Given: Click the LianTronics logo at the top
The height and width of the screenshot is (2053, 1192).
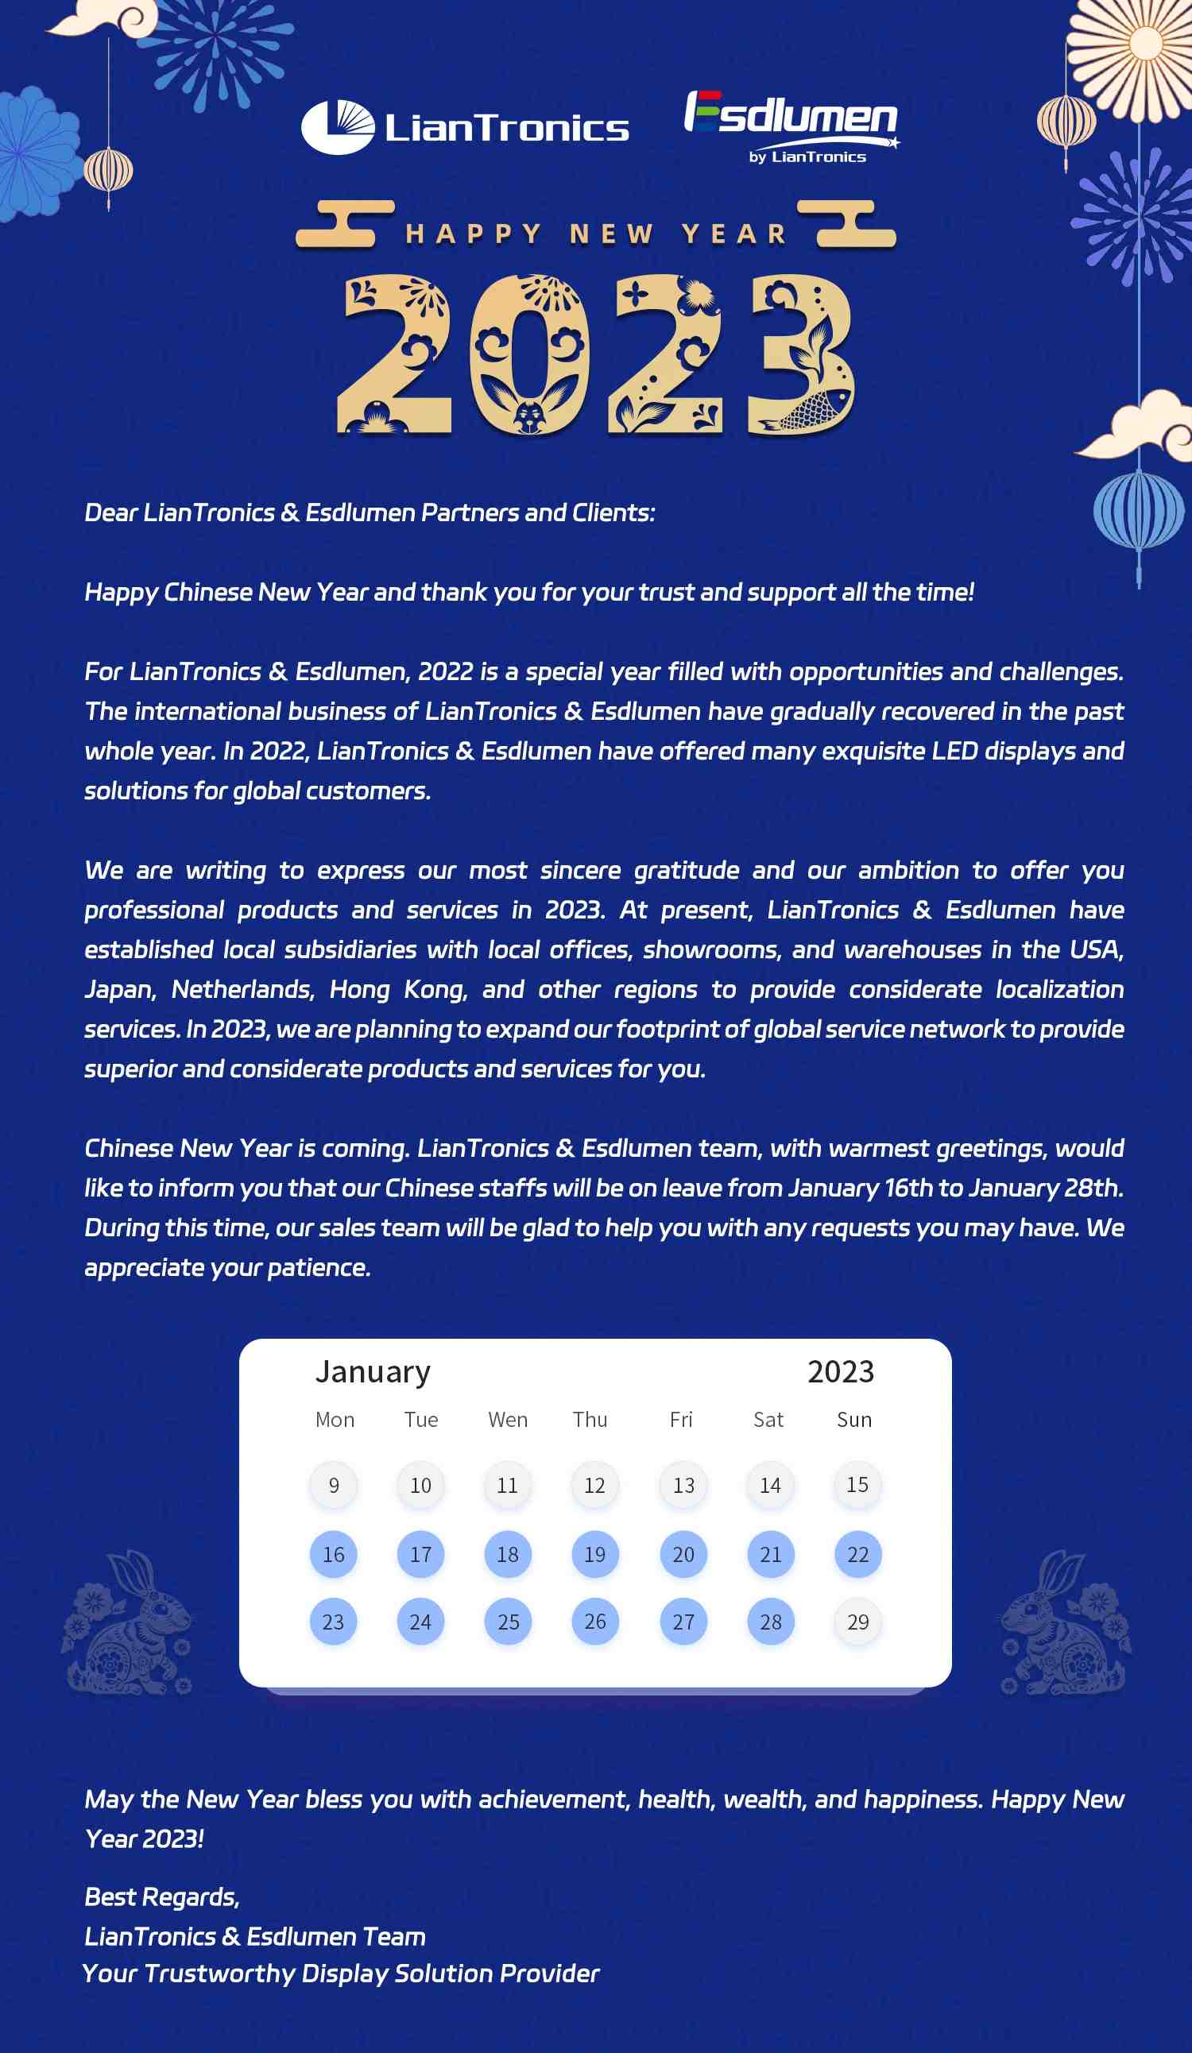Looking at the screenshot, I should click(464, 127).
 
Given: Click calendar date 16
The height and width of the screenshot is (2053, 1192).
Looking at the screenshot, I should click(333, 1554).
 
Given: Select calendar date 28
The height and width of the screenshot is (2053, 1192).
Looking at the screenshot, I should click(771, 1622).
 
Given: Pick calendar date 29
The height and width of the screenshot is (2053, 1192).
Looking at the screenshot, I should click(858, 1622).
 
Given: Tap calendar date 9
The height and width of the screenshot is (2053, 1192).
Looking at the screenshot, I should click(333, 1485).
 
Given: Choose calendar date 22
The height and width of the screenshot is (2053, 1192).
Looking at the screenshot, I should click(858, 1554).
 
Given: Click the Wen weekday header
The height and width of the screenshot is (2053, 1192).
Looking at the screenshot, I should click(508, 1420).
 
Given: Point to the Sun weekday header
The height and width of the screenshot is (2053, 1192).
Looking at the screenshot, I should click(854, 1420).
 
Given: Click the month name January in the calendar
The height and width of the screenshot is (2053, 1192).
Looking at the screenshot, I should click(373, 1372).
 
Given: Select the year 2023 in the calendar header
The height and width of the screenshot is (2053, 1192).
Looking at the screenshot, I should click(840, 1372).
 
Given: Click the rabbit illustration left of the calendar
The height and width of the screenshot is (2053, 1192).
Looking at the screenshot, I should click(128, 1624).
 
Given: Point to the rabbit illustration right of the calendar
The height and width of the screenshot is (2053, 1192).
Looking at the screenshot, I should click(1066, 1624).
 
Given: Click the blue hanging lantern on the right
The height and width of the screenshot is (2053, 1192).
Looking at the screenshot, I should click(1138, 512).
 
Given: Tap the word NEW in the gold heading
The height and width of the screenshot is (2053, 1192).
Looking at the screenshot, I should click(611, 234).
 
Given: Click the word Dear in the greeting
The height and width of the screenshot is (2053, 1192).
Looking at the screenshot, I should click(110, 512).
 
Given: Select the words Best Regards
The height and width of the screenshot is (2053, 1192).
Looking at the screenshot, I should click(162, 1896).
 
